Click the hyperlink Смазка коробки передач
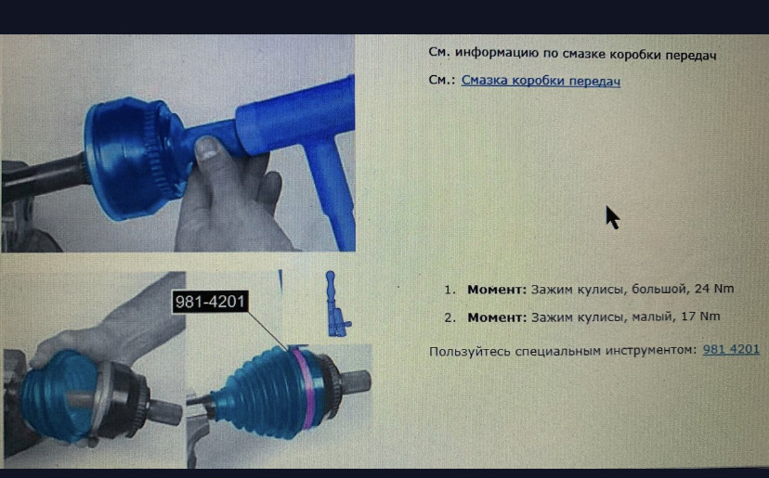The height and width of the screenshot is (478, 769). point(541,81)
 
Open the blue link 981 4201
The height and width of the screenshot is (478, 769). point(731,350)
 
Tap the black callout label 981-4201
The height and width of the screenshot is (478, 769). point(210,302)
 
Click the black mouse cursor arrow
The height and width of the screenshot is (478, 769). point(612,217)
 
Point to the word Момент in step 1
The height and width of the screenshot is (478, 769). point(496,290)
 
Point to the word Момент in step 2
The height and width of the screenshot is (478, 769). point(496,317)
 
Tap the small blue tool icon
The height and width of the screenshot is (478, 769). point(336,304)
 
